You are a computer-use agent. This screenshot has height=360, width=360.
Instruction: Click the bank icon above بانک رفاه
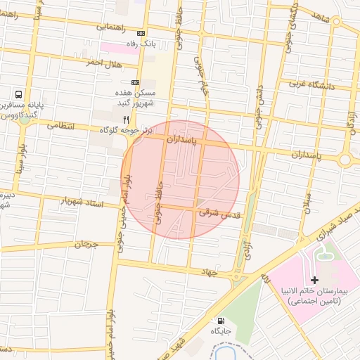(x=141, y=34)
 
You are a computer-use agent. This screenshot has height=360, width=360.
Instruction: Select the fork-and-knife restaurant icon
(x=126, y=120)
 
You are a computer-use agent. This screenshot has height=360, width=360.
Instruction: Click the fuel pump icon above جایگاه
(x=223, y=320)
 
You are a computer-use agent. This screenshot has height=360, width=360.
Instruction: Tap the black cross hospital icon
(x=314, y=280)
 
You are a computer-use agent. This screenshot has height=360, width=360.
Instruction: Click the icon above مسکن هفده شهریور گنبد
(x=135, y=82)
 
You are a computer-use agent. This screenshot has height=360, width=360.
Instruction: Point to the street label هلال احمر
(x=103, y=63)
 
